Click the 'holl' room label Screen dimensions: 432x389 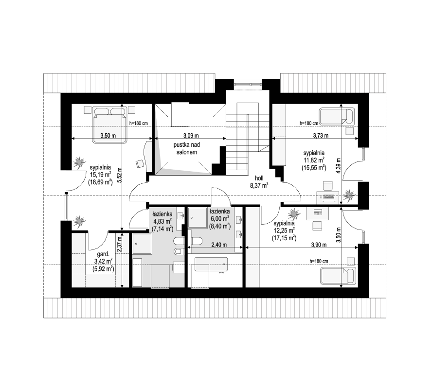(x=259, y=178)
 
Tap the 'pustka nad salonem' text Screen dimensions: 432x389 (x=187, y=148)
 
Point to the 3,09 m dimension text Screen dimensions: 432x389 (x=191, y=136)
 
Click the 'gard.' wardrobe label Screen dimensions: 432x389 (x=103, y=254)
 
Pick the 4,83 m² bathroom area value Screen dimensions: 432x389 (x=162, y=221)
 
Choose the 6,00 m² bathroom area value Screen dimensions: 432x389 (x=219, y=219)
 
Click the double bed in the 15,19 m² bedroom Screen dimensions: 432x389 (x=110, y=125)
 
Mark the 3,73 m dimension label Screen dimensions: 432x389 (x=321, y=136)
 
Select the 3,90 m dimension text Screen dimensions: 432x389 (x=319, y=245)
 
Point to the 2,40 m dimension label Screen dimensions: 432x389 (x=219, y=245)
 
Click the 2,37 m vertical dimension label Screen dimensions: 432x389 (x=119, y=245)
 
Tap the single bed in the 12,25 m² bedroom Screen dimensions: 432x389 (x=338, y=275)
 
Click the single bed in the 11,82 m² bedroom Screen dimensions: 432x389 (x=337, y=116)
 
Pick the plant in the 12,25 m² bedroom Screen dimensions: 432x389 (x=294, y=213)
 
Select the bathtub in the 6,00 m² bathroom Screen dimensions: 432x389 (x=211, y=265)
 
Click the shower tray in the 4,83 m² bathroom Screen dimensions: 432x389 (x=142, y=244)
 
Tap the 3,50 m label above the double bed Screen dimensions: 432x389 (x=108, y=136)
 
